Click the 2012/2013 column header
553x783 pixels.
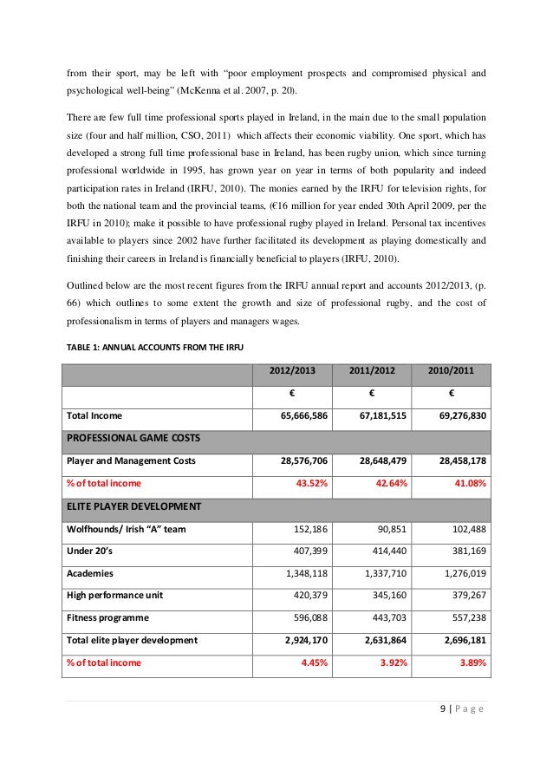click(x=291, y=371)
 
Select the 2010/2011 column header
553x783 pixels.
click(x=452, y=371)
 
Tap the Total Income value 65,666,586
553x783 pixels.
click(x=298, y=415)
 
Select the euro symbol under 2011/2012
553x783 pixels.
click(x=372, y=394)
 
